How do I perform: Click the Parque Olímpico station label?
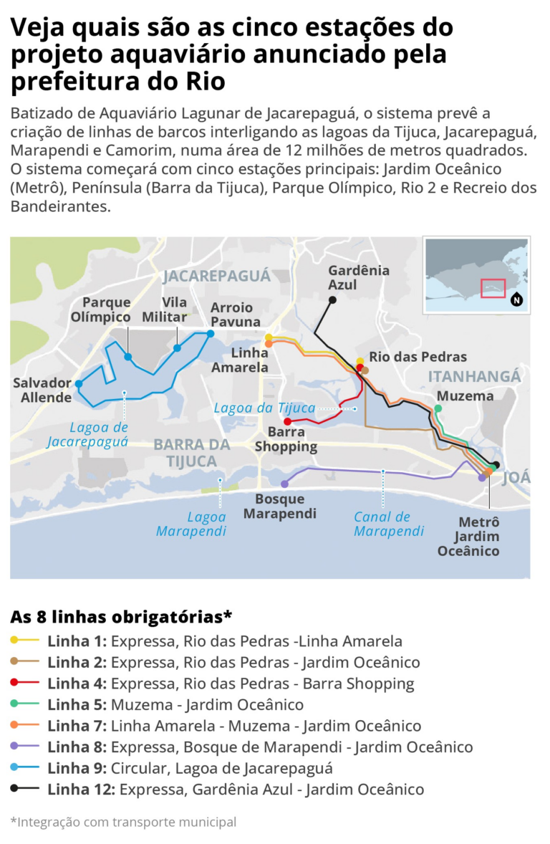tap(106, 310)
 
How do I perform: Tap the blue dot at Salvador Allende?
tap(79, 384)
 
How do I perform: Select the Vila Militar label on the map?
tap(175, 310)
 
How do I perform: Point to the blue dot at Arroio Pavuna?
tap(211, 333)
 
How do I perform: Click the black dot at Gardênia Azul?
tap(332, 299)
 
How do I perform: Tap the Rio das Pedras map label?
tap(418, 357)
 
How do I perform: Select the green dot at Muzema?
tap(438, 409)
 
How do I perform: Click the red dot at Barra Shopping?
tap(287, 421)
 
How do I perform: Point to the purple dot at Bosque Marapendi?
tap(284, 484)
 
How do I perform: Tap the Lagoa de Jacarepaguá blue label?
tap(87, 434)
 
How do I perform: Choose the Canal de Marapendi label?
tap(390, 524)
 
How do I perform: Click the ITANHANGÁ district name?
tap(473, 377)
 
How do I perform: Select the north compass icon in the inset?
tap(516, 300)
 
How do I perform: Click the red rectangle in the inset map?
tap(493, 288)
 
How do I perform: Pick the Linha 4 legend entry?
tap(231, 684)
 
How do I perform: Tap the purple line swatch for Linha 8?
tap(24, 747)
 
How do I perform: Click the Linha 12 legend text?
tap(236, 790)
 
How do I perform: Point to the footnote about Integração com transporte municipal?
tap(123, 822)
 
